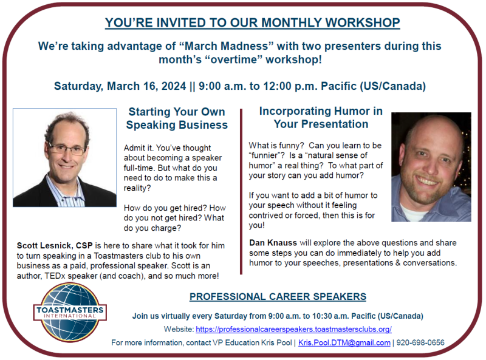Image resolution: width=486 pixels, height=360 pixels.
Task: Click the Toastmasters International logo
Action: coord(70,313)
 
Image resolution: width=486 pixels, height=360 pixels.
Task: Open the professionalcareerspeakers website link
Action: coord(293,329)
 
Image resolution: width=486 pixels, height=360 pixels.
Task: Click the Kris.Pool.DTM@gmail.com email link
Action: coord(344,342)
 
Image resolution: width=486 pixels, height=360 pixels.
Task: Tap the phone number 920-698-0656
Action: coord(420,342)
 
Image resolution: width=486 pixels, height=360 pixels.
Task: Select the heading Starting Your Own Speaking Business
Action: coord(177,118)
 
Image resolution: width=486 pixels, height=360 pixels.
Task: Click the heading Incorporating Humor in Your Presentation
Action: coord(321,117)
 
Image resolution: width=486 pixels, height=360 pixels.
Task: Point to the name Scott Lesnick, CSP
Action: coord(55,246)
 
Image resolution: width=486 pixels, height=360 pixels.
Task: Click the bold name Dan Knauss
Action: coord(273,243)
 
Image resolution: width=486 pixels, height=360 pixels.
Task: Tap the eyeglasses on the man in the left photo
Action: coord(66,149)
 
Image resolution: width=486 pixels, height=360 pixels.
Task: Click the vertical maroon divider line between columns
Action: coord(241,191)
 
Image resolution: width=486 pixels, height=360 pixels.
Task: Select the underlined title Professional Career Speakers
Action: coord(278,296)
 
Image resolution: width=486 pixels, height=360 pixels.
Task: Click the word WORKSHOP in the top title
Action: coord(363,22)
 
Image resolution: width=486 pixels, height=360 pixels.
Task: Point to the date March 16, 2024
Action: coord(146,86)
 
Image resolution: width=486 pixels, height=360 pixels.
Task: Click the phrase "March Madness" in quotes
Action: coord(226,46)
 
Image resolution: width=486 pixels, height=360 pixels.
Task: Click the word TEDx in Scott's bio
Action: coord(55,276)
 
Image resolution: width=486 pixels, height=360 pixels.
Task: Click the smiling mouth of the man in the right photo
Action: coord(428,181)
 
